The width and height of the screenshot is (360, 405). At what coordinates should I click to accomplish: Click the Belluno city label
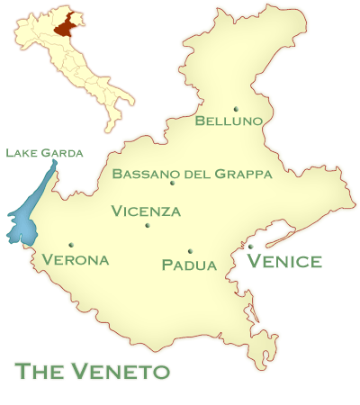(229, 121)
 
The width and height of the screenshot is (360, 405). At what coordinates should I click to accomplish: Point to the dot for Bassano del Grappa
(172, 184)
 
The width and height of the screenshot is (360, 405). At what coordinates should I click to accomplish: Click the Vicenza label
(146, 212)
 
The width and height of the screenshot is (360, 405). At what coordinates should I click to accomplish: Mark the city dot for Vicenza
(148, 225)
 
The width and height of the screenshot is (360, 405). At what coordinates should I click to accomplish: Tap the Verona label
(76, 260)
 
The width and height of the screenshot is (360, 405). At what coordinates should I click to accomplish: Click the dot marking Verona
(70, 244)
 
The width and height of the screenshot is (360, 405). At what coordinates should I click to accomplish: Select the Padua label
(189, 265)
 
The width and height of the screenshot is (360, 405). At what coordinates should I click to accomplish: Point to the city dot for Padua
(190, 251)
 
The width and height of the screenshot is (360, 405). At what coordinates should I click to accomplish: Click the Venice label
(284, 262)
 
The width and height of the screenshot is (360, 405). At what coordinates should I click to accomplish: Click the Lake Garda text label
(44, 153)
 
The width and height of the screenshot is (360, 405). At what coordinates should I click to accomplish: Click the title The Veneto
(93, 371)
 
